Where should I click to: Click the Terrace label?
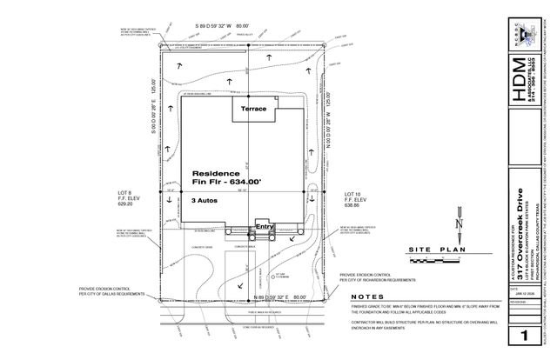point(253,109)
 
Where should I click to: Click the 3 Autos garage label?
point(205,200)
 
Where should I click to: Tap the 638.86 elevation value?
point(352,205)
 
